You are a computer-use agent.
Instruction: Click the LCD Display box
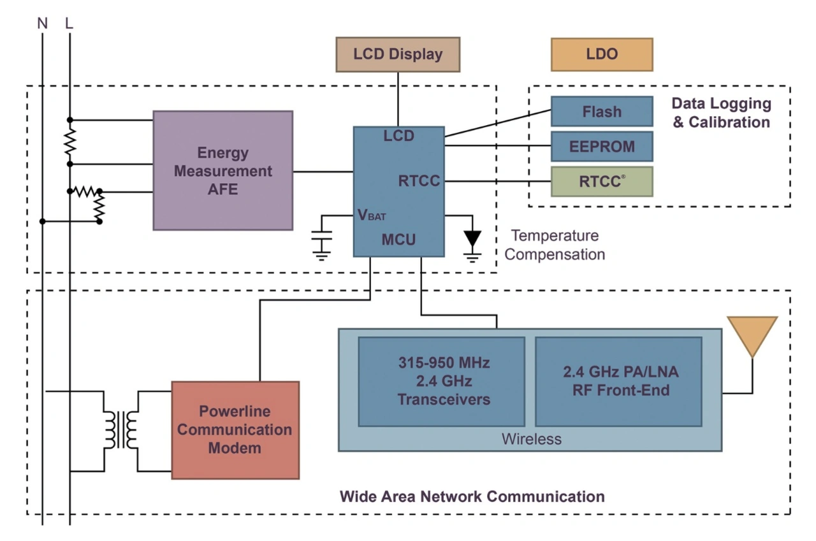398,55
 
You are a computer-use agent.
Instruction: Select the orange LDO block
602,55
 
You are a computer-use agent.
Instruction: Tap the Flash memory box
602,112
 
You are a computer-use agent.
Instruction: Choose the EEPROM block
602,147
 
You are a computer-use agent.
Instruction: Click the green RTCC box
602,182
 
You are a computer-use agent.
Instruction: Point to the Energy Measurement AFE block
223,170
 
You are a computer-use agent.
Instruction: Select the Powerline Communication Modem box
235,430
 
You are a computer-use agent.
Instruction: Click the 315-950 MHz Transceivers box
442,382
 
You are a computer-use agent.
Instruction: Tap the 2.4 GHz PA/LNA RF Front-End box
618,382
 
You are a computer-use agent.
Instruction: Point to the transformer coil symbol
120,430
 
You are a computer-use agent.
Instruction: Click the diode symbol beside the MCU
472,239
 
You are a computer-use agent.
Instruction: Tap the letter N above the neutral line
43,24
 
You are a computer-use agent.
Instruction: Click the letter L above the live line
69,24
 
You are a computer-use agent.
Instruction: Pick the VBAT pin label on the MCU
372,215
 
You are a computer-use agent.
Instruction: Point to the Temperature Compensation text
555,245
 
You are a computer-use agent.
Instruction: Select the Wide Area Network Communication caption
472,496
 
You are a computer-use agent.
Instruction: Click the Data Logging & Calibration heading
721,113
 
